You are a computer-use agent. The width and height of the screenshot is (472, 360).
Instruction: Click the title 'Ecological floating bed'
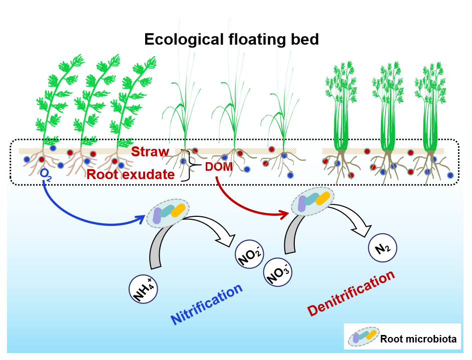point(231,40)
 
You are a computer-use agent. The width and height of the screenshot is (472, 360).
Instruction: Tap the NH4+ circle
point(145,289)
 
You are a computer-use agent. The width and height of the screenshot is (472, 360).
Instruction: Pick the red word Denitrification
point(351,294)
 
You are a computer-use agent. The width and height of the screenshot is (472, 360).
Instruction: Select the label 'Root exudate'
point(130,174)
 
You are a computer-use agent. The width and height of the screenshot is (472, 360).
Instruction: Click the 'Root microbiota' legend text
point(418,339)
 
